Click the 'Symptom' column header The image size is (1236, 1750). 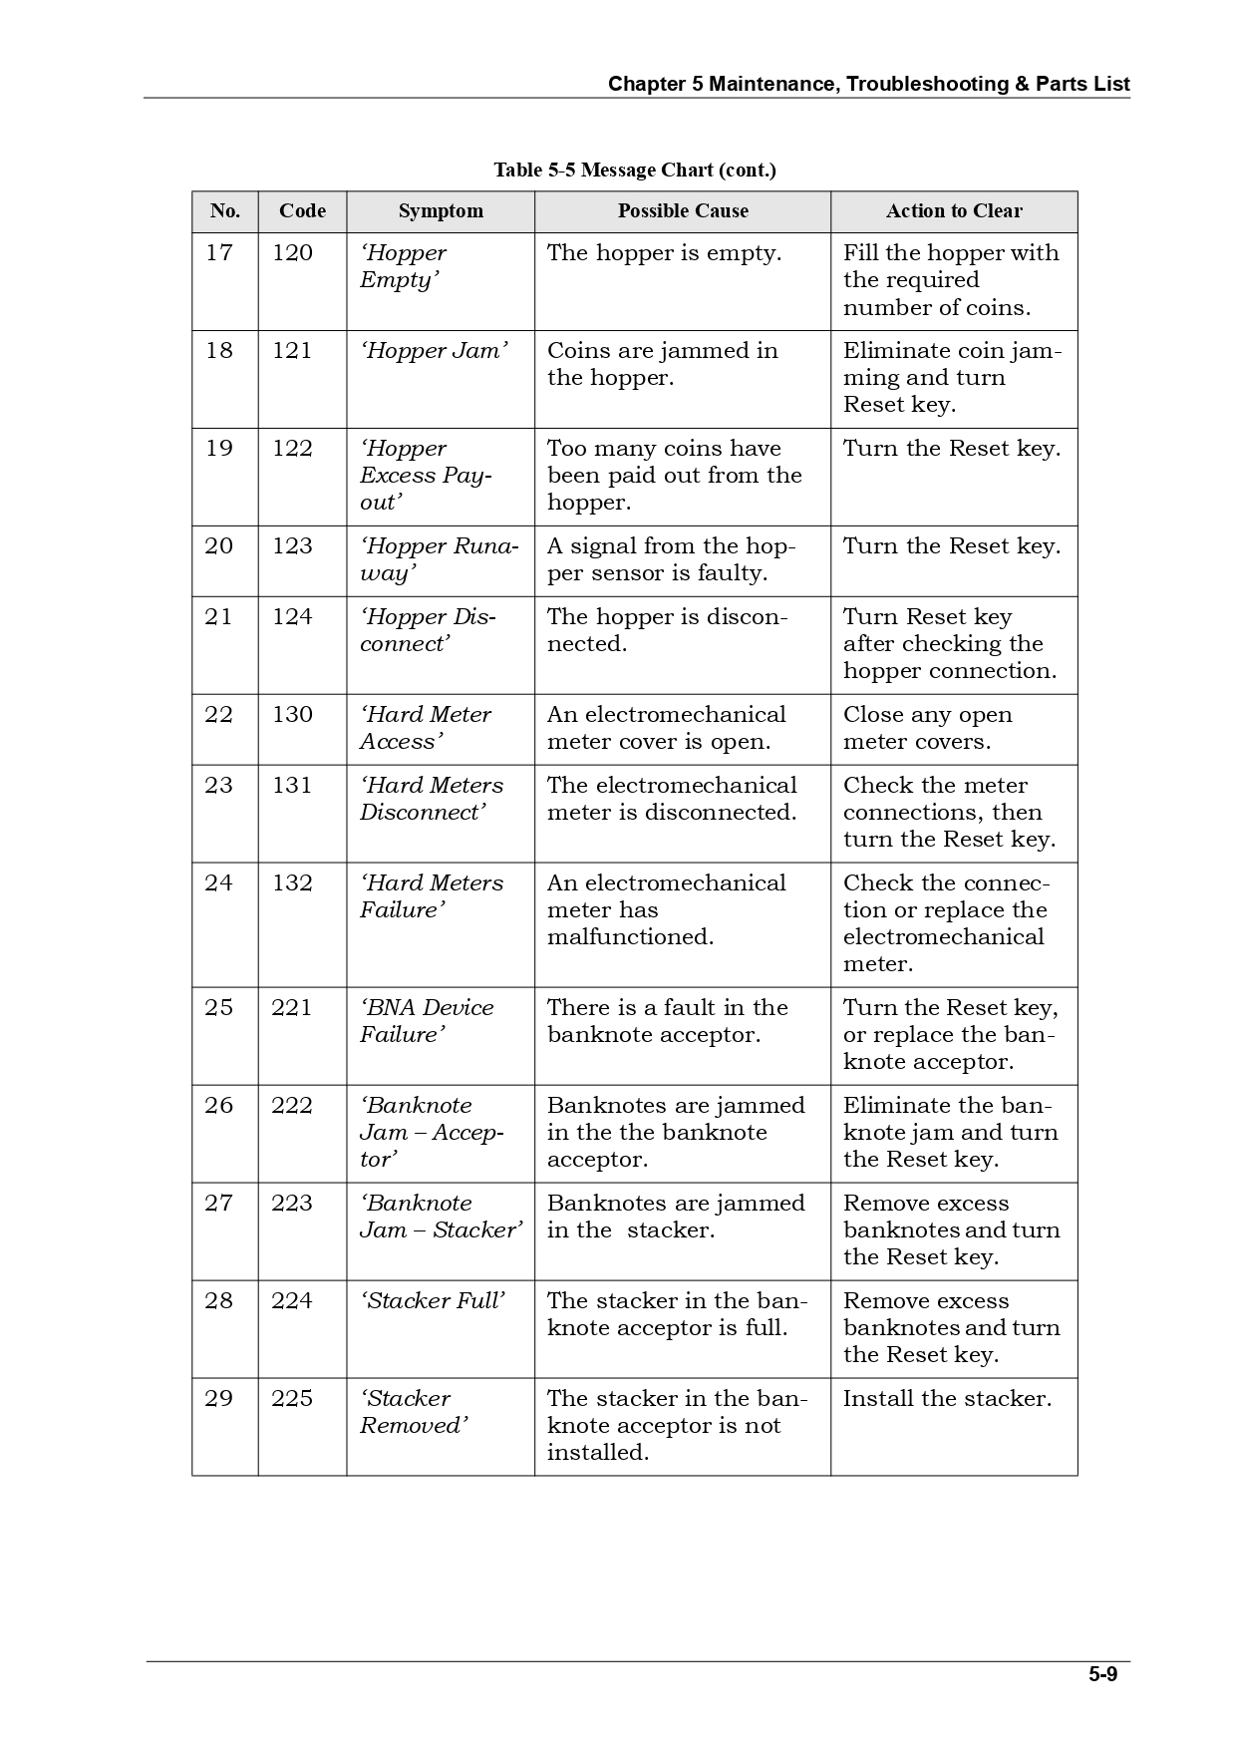[441, 211]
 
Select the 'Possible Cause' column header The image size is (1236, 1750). [683, 211]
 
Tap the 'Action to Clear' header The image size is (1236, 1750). [954, 211]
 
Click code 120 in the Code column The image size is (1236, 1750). [292, 253]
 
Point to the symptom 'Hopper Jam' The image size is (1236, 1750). [434, 351]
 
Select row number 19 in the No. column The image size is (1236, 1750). [219, 449]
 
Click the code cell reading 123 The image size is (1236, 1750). [292, 546]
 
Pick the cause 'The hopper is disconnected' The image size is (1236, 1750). [667, 630]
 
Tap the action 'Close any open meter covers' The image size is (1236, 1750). [927, 728]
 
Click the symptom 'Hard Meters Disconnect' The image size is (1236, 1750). [432, 799]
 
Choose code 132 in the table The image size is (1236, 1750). [292, 883]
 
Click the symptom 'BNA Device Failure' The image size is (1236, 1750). [427, 1021]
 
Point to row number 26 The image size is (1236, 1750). [219, 1106]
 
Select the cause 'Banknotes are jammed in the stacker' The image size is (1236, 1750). [676, 1217]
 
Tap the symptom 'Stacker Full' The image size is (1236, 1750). [434, 1301]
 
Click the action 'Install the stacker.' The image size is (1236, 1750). [947, 1399]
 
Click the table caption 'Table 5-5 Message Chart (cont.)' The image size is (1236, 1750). [635, 171]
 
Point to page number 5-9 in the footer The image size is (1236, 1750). [1102, 1675]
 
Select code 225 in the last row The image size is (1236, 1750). [292, 1399]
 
